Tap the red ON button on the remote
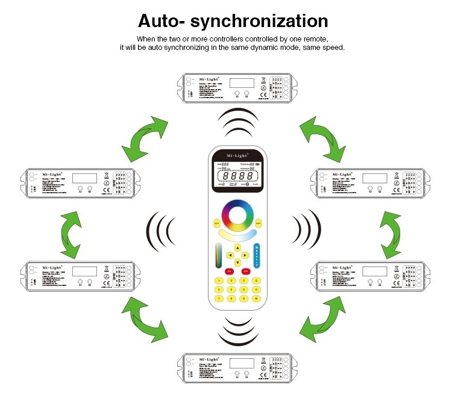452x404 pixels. point(230,272)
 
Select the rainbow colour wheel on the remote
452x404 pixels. point(237,214)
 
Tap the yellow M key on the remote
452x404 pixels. point(257,298)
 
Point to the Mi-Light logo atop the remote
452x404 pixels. point(237,153)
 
